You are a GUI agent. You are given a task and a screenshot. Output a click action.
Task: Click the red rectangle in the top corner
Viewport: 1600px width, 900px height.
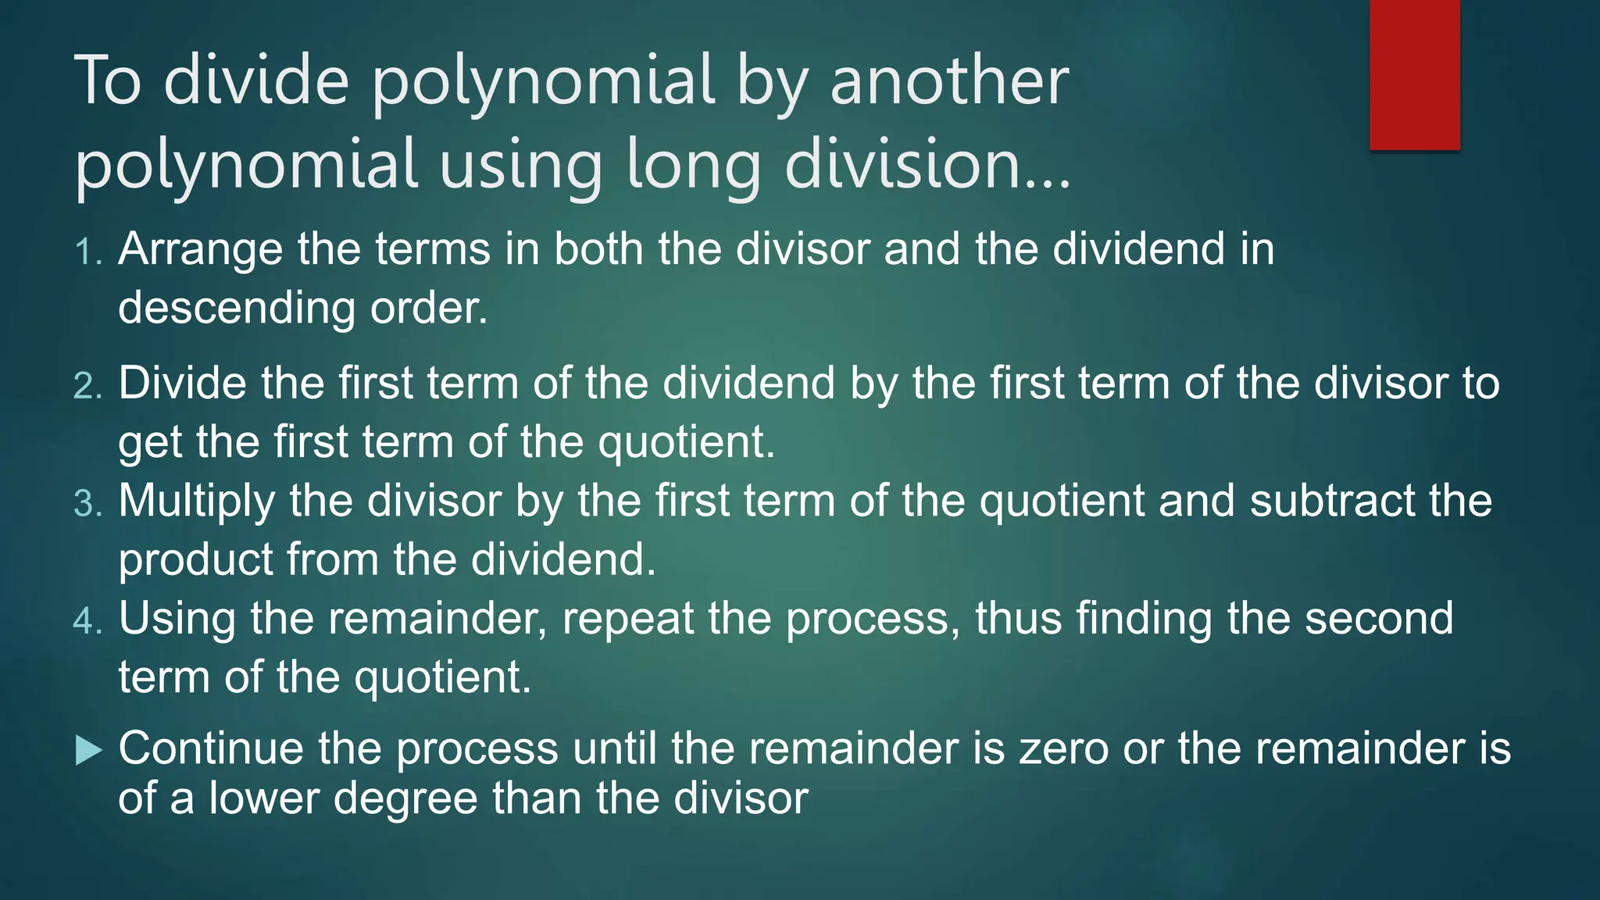point(1414,74)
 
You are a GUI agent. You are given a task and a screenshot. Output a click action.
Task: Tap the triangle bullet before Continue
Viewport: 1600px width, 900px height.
point(89,752)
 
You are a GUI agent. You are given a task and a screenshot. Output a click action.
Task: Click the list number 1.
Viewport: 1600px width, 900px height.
point(87,252)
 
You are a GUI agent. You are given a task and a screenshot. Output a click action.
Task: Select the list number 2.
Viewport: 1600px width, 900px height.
point(87,386)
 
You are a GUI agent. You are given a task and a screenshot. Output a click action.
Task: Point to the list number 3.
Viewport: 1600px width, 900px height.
point(87,503)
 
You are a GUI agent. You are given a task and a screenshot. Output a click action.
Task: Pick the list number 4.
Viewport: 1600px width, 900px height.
point(87,621)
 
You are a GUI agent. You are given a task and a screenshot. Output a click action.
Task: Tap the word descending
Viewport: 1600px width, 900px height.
point(236,308)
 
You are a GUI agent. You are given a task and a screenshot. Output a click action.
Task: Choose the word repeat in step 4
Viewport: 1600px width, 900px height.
point(627,619)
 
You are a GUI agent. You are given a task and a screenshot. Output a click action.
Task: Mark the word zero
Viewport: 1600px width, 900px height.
point(1064,748)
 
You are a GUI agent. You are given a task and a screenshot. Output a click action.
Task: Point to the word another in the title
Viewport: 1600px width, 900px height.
point(948,80)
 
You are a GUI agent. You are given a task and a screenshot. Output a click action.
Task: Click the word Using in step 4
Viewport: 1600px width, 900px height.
point(177,619)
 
